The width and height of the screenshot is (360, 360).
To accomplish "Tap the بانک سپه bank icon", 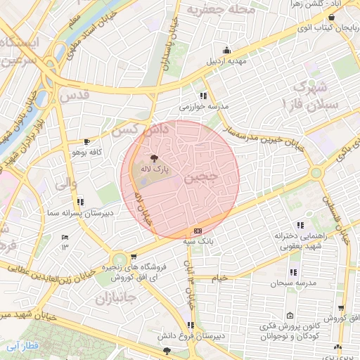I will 198,231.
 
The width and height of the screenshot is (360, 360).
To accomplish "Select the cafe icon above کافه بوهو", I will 86,141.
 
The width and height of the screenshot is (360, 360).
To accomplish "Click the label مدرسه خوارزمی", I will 204,107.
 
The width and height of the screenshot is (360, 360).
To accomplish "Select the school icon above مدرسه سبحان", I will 293,271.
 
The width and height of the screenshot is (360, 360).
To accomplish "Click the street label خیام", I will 220,278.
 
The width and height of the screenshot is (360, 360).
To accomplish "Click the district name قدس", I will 75,94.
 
